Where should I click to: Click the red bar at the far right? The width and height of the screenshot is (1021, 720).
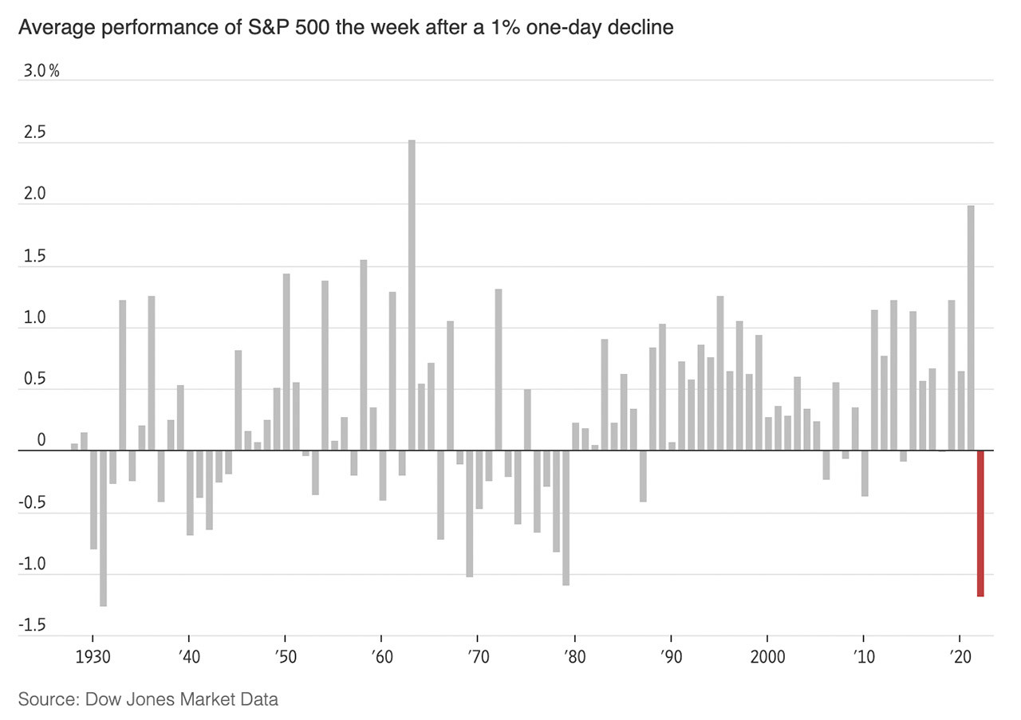click(x=980, y=523)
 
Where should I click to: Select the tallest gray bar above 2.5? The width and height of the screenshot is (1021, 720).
click(x=412, y=295)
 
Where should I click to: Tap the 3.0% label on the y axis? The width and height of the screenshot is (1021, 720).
click(x=41, y=71)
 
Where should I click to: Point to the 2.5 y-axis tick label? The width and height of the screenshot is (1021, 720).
click(x=35, y=133)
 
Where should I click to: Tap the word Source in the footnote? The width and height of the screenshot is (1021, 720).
click(x=45, y=700)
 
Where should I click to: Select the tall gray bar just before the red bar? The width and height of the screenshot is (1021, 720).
click(x=971, y=328)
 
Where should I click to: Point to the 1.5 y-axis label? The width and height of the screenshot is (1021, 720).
click(x=35, y=257)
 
